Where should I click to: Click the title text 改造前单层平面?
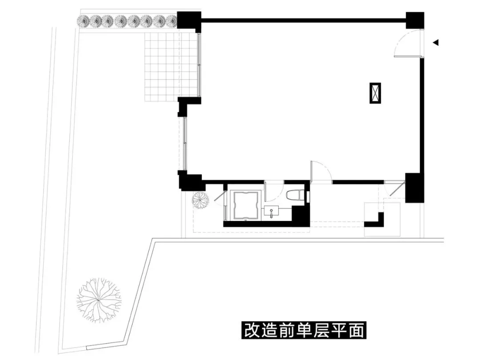(304, 331)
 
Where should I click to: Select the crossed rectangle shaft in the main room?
(376, 93)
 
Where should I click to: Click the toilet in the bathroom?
(295, 196)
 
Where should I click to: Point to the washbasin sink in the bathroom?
(271, 211)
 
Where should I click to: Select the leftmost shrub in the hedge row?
(84, 20)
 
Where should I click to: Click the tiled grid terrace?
(171, 67)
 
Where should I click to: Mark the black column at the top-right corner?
(415, 20)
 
